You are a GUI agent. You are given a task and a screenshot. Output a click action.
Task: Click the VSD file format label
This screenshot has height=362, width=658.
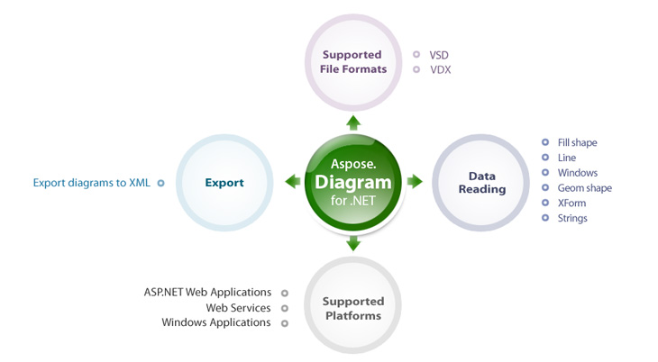pyautogui.click(x=439, y=55)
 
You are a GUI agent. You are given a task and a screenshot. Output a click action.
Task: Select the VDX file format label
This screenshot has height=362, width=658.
pyautogui.click(x=439, y=69)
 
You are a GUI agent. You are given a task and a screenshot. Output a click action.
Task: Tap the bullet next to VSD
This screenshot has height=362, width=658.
pyautogui.click(x=416, y=55)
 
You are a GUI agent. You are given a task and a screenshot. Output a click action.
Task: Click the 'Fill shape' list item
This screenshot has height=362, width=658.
pyautogui.click(x=577, y=142)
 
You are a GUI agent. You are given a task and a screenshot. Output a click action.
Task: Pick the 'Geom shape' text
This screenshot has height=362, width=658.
pyautogui.click(x=584, y=188)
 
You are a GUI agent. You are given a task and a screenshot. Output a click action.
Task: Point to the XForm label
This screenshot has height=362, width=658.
pyautogui.click(x=571, y=204)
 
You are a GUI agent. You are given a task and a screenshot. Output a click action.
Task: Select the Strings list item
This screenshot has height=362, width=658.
pyautogui.click(x=572, y=218)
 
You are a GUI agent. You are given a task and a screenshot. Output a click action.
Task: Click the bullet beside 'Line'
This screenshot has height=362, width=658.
pyautogui.click(x=545, y=158)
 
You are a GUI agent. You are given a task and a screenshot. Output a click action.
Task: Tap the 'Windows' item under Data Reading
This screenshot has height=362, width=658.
pyautogui.click(x=577, y=173)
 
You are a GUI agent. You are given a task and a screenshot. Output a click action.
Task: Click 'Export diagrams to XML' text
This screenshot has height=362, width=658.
pyautogui.click(x=92, y=183)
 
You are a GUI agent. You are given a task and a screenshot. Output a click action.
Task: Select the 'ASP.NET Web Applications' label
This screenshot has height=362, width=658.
pyautogui.click(x=207, y=293)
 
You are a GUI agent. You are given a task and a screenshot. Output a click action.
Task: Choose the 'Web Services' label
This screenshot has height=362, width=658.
pyautogui.click(x=238, y=308)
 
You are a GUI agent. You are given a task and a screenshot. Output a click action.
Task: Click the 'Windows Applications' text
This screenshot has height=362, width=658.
pyautogui.click(x=216, y=322)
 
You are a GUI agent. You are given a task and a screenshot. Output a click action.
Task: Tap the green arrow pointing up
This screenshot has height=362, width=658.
pyautogui.click(x=353, y=122)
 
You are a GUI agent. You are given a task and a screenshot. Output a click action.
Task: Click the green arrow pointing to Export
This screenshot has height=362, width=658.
pyautogui.click(x=292, y=182)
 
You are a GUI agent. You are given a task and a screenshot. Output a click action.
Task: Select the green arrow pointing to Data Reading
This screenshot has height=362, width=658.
pyautogui.click(x=415, y=182)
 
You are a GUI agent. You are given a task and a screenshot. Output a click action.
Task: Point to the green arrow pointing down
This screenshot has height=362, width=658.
pyautogui.click(x=353, y=242)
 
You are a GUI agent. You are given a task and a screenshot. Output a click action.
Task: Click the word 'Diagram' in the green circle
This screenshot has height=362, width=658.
pyautogui.click(x=353, y=182)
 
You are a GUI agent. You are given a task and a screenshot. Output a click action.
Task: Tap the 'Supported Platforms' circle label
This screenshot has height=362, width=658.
pyautogui.click(x=353, y=308)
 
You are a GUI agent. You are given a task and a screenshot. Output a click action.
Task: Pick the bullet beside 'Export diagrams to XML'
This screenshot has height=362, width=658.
pyautogui.click(x=160, y=183)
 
